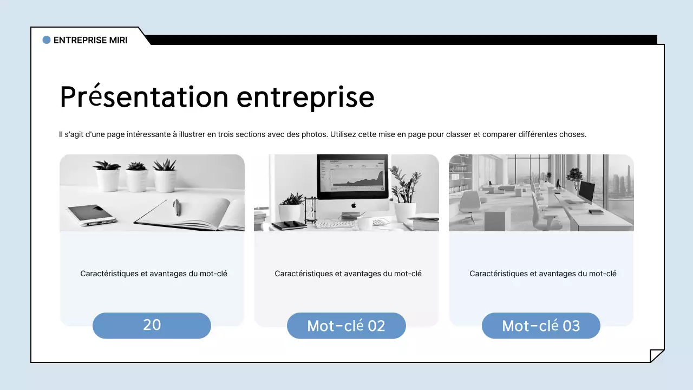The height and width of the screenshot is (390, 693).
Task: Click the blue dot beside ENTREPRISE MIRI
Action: (x=47, y=40)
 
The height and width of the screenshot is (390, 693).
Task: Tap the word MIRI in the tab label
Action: (x=118, y=40)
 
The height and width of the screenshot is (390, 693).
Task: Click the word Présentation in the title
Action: (x=144, y=96)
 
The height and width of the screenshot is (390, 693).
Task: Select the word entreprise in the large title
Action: (x=305, y=98)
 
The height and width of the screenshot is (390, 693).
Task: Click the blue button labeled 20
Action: (x=152, y=326)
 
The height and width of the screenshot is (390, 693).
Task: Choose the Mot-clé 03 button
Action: (x=541, y=326)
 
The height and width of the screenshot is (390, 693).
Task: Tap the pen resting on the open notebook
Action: (x=176, y=207)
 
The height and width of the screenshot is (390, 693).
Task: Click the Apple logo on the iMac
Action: (x=354, y=205)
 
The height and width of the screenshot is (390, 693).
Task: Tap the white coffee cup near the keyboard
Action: (x=365, y=223)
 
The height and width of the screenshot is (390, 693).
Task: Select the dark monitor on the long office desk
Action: (x=586, y=192)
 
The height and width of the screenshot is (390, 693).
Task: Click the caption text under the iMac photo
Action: (x=348, y=274)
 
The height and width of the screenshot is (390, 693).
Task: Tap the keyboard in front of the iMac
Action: (x=334, y=224)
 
